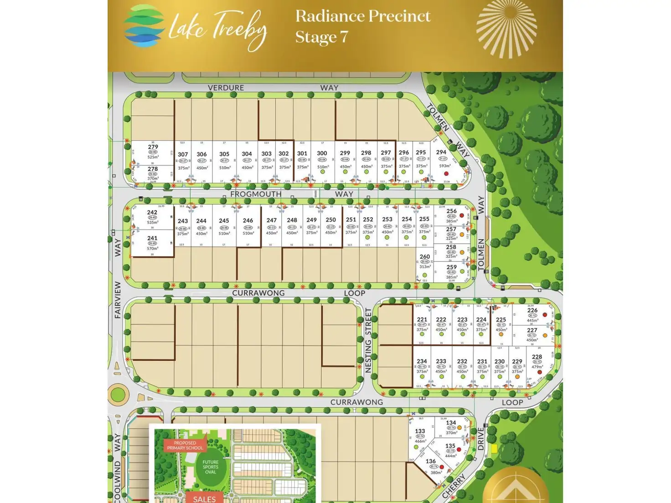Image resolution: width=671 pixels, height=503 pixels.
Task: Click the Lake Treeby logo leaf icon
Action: coord(144,26)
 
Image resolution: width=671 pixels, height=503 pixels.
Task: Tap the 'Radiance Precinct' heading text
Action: coord(362,16)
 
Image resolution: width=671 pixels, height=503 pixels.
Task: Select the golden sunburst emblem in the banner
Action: coord(506,28)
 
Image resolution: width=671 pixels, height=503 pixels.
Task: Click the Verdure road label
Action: coord(226,87)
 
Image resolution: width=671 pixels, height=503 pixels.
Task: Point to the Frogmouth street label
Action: coord(256,194)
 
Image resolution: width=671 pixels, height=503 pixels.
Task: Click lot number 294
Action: coord(441,152)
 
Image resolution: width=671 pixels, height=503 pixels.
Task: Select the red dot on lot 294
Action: coord(446,174)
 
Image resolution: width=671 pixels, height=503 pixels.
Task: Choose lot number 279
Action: coord(153,147)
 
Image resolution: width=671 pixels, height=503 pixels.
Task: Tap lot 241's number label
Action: coord(152,238)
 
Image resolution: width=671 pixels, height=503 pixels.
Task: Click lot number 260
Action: coord(424,257)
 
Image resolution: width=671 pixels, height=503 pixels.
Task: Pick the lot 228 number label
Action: coord(537,357)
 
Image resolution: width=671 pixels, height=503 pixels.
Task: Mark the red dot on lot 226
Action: coord(545,315)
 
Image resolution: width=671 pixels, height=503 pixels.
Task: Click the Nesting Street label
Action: coord(368,340)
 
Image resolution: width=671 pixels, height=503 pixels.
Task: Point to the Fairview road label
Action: coord(118,300)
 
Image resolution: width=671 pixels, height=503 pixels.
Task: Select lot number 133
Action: coord(420,431)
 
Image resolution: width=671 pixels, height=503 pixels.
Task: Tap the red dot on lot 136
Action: coord(442,467)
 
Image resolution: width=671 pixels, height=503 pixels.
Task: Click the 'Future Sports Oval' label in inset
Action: coord(210,467)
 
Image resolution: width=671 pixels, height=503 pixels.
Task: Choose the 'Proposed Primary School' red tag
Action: coord(185,445)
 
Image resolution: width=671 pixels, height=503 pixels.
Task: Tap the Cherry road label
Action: coord(454,486)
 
